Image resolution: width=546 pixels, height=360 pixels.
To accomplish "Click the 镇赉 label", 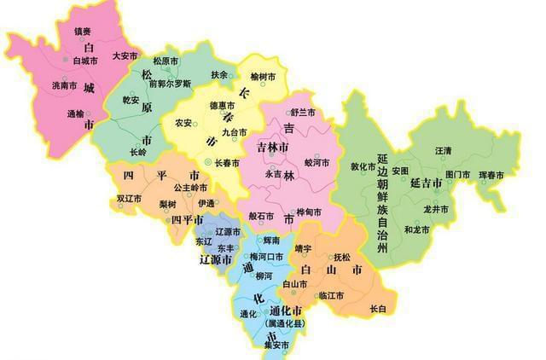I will click(82, 31).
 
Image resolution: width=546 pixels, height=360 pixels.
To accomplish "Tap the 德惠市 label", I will click(222, 106).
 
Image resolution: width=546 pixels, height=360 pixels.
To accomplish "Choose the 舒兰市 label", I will click(303, 113).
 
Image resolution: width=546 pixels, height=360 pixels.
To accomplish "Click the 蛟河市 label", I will click(317, 161).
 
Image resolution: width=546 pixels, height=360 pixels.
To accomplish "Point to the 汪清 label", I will click(444, 150).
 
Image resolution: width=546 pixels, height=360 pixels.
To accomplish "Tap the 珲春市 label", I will click(491, 176).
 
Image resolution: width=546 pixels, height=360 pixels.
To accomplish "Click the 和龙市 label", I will click(417, 229).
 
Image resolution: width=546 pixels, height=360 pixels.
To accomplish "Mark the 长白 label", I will click(378, 308).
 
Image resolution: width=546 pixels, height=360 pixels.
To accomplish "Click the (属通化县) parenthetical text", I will click(281, 324).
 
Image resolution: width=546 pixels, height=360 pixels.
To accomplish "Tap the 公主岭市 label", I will click(190, 187).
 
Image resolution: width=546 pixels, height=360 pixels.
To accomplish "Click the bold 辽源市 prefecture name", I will click(216, 258).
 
